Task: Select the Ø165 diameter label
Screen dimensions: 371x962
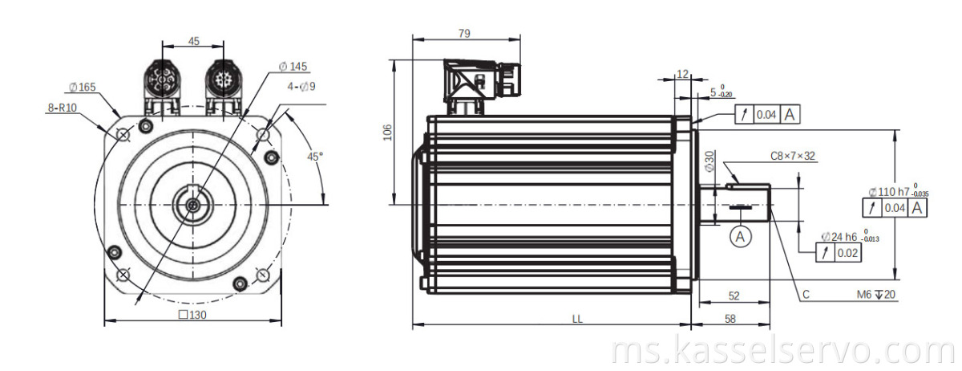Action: click(83, 86)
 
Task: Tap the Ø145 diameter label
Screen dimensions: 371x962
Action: click(293, 67)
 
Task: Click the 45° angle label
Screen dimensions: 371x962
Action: click(315, 156)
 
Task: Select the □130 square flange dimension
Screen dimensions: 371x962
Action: click(192, 315)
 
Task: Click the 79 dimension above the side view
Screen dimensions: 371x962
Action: click(463, 33)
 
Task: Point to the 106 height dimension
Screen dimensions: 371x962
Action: click(386, 132)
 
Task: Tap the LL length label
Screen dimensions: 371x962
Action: click(576, 318)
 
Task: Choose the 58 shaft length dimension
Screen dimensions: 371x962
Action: click(730, 319)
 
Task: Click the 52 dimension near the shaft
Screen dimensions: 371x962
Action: click(734, 296)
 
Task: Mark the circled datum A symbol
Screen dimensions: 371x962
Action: click(741, 236)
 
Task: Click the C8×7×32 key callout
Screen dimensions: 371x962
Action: click(793, 156)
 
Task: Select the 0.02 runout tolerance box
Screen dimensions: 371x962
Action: click(846, 254)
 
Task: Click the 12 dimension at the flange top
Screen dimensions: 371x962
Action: click(682, 74)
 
